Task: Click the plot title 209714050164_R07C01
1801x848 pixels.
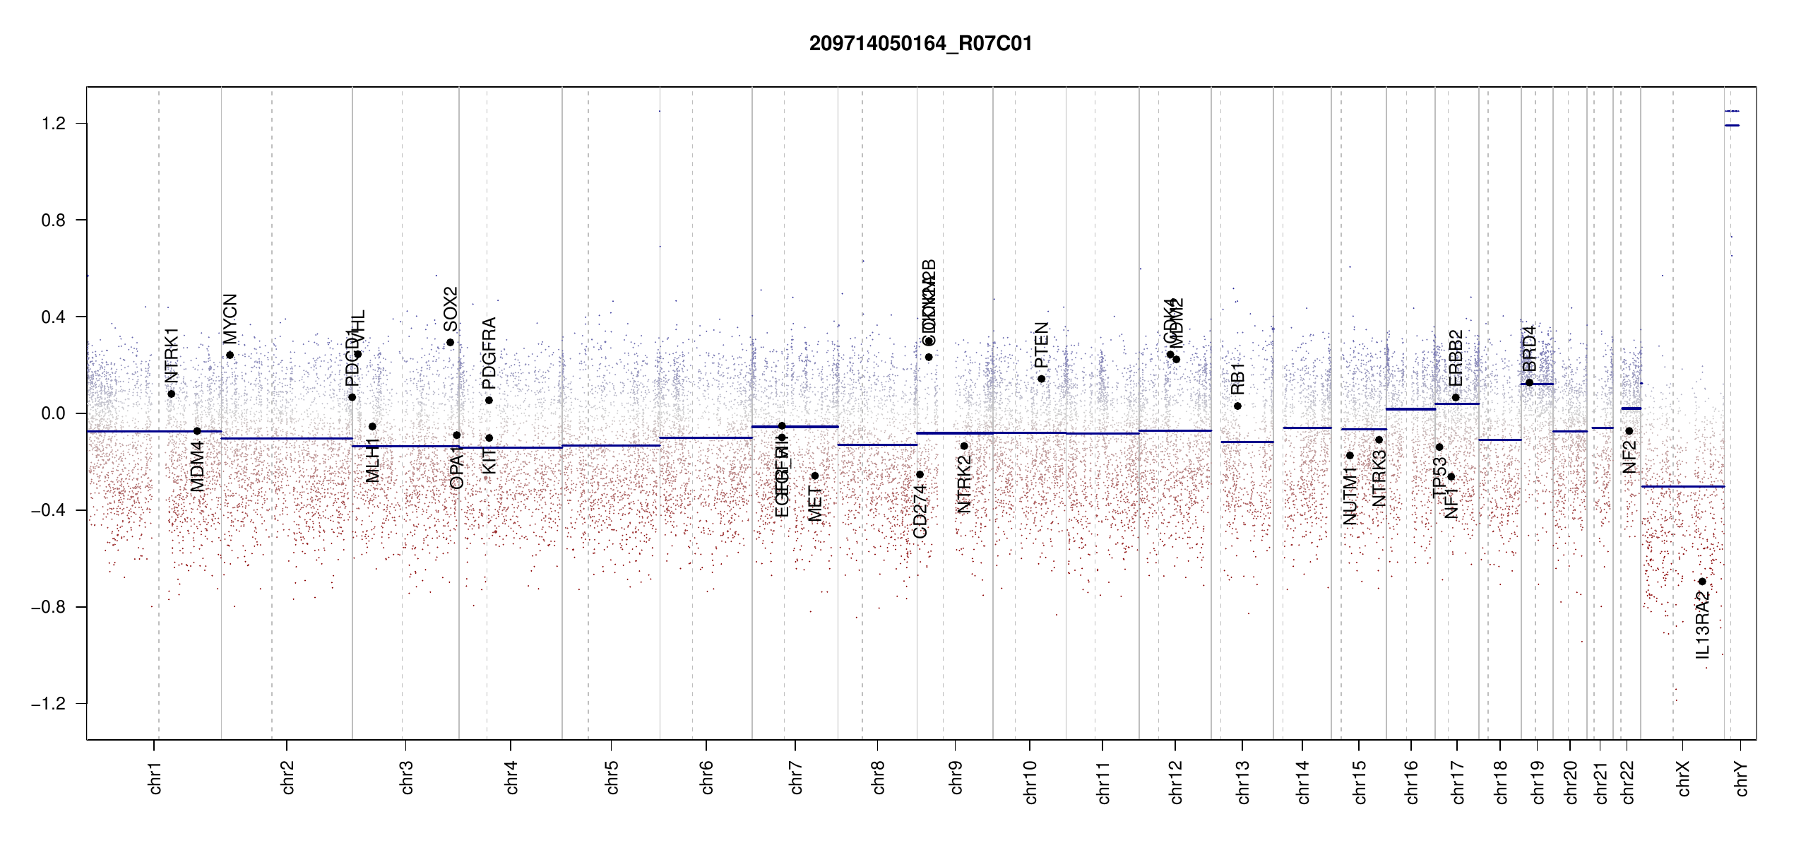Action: [920, 44]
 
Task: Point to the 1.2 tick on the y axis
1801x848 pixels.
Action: [53, 124]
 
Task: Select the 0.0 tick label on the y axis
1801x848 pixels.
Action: [53, 413]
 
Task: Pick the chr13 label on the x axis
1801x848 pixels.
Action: [1243, 782]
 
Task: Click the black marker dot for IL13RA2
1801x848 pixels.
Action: [1702, 582]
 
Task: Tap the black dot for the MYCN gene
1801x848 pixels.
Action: [230, 355]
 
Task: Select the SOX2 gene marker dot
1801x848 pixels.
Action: [450, 343]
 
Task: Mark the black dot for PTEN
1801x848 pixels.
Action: [1041, 379]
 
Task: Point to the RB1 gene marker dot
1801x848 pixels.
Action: [1237, 406]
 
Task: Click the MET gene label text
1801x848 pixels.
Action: [814, 504]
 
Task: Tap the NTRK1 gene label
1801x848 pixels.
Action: [172, 355]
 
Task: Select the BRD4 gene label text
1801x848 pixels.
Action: [1529, 348]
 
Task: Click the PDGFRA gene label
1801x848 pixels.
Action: [489, 353]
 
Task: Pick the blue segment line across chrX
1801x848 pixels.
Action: [1682, 486]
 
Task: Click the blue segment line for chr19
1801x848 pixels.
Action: [1537, 384]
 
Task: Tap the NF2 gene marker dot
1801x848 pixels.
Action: [1629, 431]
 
